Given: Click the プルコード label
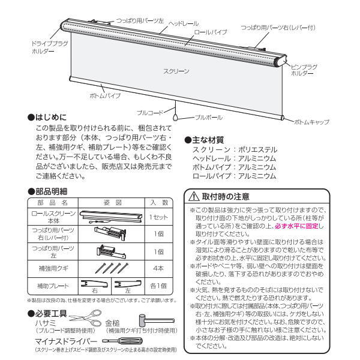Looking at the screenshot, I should point(149,112).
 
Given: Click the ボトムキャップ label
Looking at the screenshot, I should point(311,122).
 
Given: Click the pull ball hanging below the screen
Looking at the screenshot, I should point(175,119).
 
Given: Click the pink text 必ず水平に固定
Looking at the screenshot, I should point(298,226).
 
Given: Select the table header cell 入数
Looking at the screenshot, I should point(159,203).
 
